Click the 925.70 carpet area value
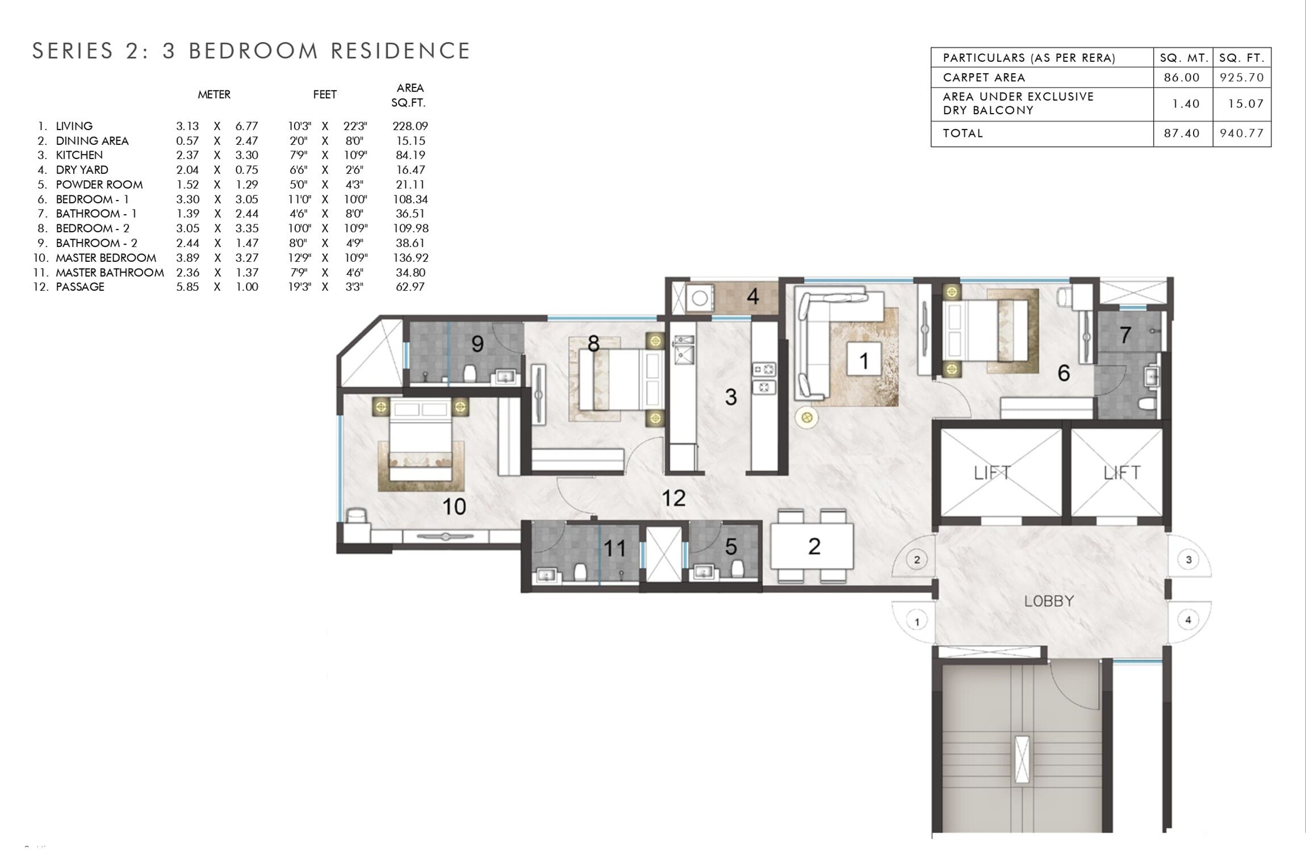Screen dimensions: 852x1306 (x=1241, y=77)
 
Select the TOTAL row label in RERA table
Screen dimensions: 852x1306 (x=962, y=133)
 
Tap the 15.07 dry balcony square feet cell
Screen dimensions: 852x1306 (x=1241, y=104)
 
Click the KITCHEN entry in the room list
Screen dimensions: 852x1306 (x=79, y=155)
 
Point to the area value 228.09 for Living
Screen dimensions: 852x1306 (x=410, y=126)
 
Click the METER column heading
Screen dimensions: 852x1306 (x=214, y=95)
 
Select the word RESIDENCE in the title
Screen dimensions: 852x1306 (x=400, y=51)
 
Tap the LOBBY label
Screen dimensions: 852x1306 (x=1048, y=601)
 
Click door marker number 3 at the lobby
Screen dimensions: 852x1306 (x=1188, y=559)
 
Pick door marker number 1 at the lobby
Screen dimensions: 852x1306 (x=916, y=621)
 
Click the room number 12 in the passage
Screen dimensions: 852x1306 (x=673, y=499)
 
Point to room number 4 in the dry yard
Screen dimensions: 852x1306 (x=752, y=296)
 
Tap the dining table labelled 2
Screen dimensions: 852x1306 (x=813, y=546)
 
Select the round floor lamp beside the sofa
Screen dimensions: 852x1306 (x=806, y=418)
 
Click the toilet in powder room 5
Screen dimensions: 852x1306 (x=738, y=569)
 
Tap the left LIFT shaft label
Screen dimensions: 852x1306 (x=991, y=473)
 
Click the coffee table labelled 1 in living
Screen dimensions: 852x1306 (x=864, y=360)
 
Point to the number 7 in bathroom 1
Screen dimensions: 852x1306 (x=1125, y=335)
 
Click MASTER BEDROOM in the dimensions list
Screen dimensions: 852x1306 (x=106, y=258)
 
